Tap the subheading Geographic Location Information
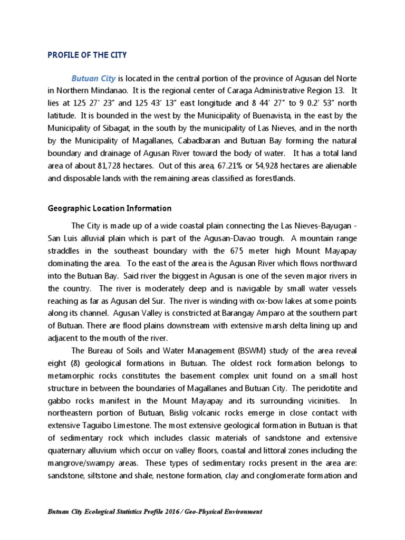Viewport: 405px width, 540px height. point(110,208)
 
